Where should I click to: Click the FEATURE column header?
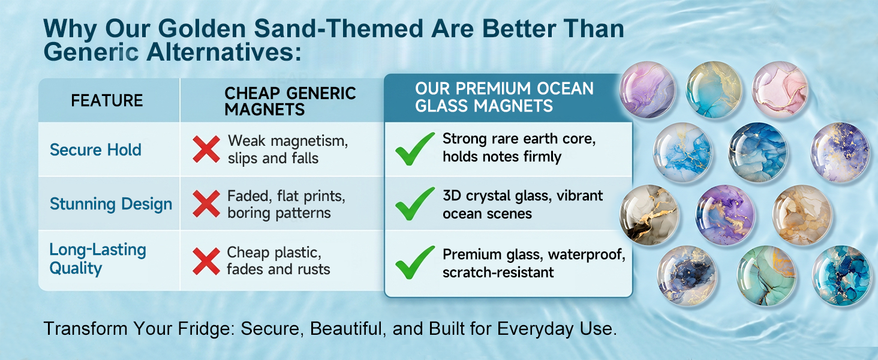click(x=107, y=101)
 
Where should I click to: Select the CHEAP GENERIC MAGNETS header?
click(x=290, y=101)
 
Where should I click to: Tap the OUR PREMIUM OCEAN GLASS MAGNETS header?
click(x=504, y=97)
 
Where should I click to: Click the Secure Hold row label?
click(x=95, y=150)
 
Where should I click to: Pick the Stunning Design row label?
click(x=111, y=204)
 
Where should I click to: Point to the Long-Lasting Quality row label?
click(x=98, y=259)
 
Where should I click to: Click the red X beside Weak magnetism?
click(x=206, y=149)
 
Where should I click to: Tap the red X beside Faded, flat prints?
click(x=206, y=204)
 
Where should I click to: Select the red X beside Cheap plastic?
click(x=206, y=261)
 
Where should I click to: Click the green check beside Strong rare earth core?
click(x=414, y=149)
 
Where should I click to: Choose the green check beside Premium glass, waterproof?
click(x=414, y=263)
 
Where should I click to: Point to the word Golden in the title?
click(x=202, y=29)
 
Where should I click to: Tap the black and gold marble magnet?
click(x=649, y=215)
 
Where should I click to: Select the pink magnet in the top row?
click(x=780, y=90)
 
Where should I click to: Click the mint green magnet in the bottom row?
click(x=766, y=275)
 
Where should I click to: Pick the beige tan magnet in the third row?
click(x=802, y=215)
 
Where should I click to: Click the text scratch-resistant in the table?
click(x=498, y=272)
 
